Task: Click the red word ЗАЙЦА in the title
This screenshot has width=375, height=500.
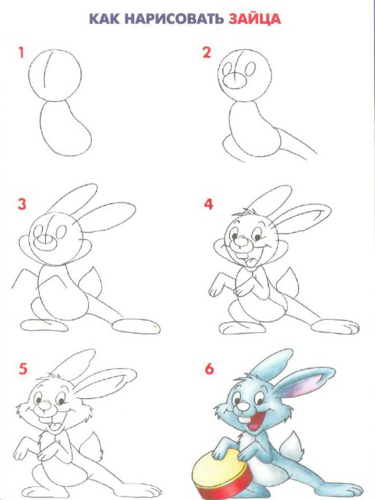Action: tap(254, 19)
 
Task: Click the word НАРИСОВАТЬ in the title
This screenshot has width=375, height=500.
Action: tap(174, 19)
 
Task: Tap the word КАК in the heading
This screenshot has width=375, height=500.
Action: tap(104, 19)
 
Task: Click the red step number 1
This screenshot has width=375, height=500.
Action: tap(21, 52)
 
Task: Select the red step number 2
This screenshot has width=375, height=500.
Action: tap(207, 52)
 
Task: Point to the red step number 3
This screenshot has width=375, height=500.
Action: tap(22, 204)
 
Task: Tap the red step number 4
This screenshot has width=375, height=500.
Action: tap(208, 204)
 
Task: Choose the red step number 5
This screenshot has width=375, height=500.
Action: tap(23, 369)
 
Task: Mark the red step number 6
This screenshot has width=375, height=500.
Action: tap(209, 369)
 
